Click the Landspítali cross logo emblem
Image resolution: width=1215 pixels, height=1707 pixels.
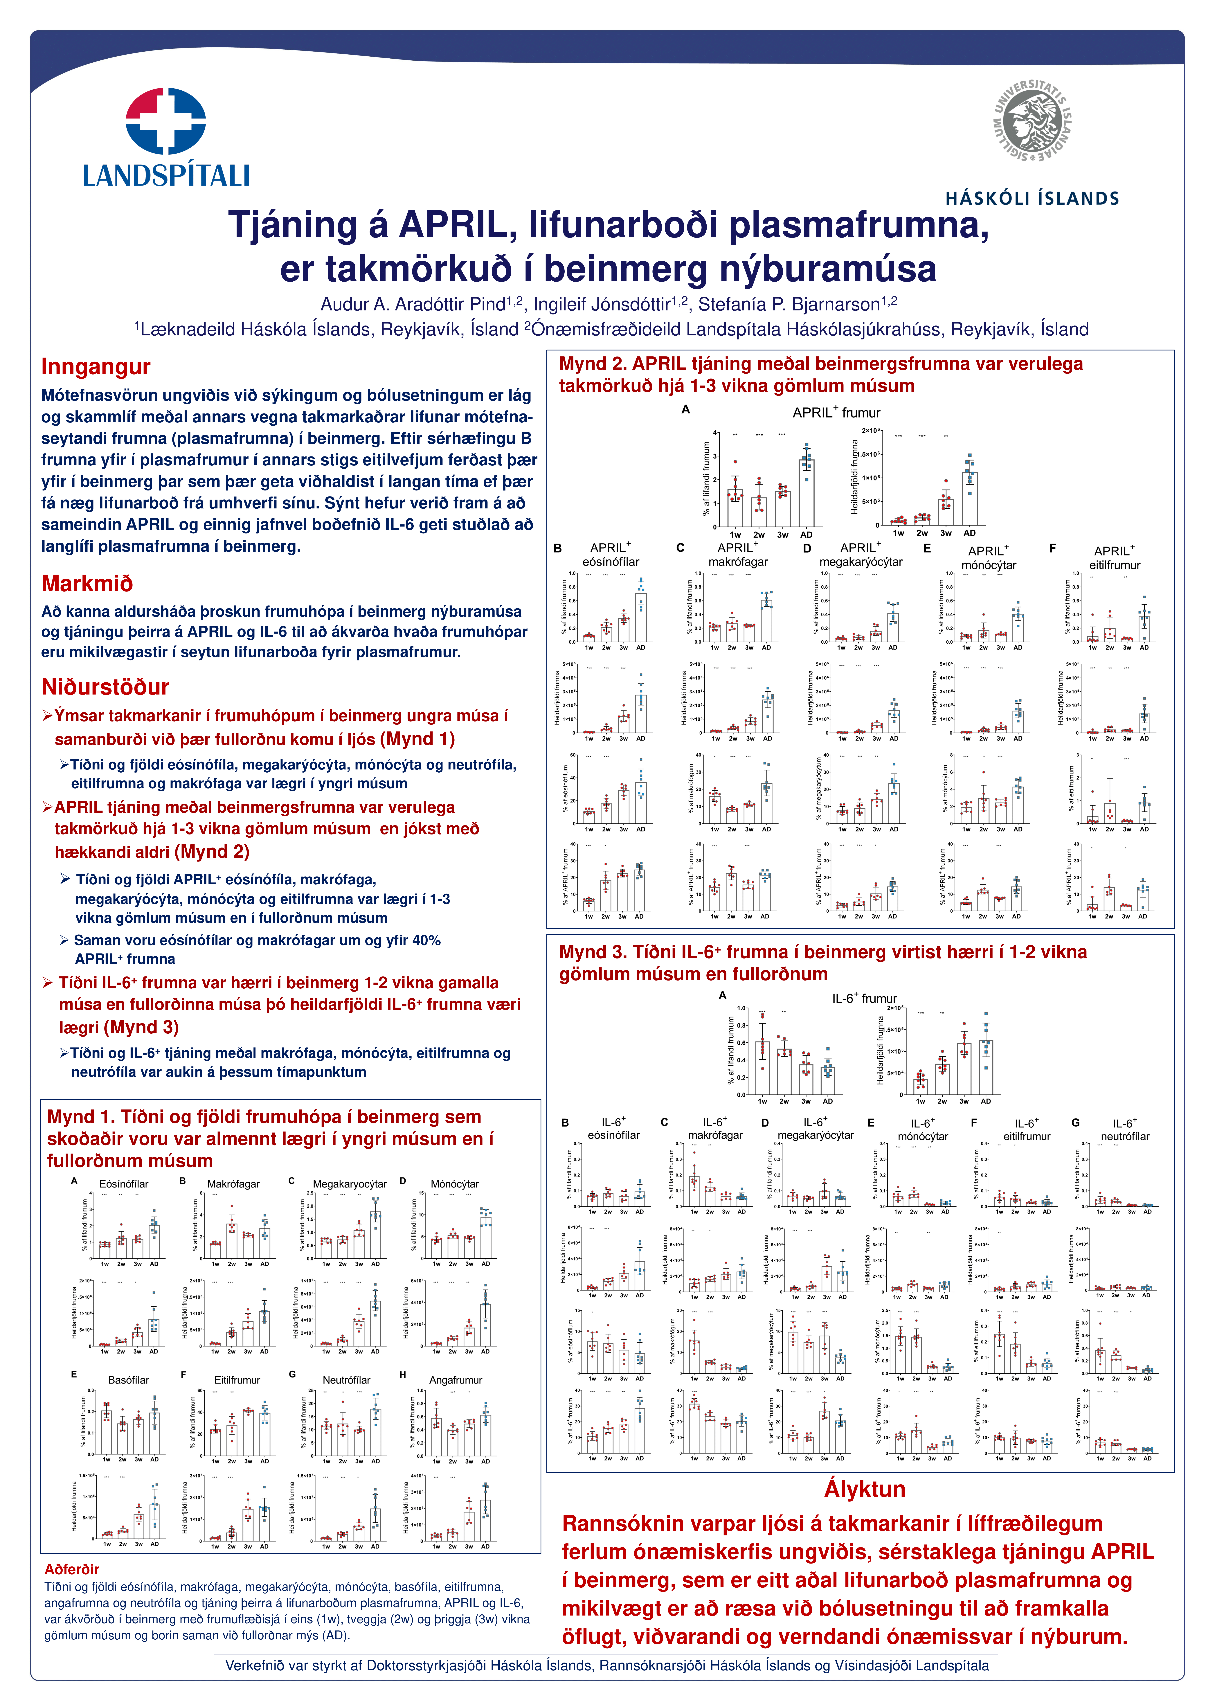tap(166, 121)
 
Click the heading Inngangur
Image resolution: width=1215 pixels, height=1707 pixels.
tap(96, 366)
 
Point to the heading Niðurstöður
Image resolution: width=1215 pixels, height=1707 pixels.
tap(105, 687)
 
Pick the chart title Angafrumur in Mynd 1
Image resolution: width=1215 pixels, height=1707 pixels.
tap(456, 1380)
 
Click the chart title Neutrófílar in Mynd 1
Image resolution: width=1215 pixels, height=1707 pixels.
tap(346, 1380)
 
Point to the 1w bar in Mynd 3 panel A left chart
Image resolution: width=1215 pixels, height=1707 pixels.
tap(762, 1068)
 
